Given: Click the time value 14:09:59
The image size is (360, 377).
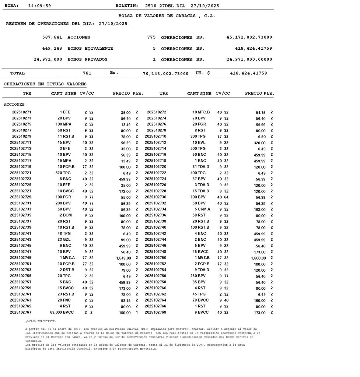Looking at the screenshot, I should click(x=39, y=6).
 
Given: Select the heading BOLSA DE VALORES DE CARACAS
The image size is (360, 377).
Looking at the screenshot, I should click(x=167, y=16).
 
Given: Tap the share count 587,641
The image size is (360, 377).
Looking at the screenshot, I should click(x=52, y=38).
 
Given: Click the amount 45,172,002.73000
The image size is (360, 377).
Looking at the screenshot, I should click(x=249, y=38).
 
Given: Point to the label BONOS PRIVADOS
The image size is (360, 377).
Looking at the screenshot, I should click(x=88, y=59).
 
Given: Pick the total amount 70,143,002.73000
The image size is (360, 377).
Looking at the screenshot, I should click(x=165, y=74).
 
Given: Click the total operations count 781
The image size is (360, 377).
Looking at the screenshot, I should click(x=87, y=73).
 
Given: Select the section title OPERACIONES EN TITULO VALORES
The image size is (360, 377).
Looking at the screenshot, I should click(x=45, y=84).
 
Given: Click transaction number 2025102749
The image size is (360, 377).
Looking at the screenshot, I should click(x=21, y=258).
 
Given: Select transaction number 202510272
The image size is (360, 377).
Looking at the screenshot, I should click(x=157, y=112).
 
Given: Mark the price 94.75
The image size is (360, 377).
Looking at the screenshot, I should click(x=261, y=112).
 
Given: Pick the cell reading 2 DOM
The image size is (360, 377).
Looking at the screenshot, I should click(x=66, y=215).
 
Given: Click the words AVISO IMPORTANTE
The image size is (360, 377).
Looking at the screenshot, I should click(x=41, y=321).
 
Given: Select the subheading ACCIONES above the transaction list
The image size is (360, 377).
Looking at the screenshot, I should click(x=14, y=105).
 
